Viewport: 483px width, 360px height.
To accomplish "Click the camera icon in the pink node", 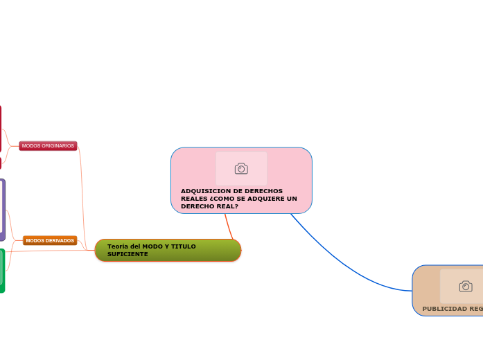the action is (241, 168).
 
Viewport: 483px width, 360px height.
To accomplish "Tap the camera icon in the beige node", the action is (466, 286).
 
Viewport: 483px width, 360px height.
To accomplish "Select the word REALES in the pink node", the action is (193, 199).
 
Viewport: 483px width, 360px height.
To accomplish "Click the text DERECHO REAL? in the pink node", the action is (209, 206).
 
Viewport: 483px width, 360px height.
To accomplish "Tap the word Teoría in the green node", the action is (118, 246).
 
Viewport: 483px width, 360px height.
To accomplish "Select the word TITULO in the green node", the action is (184, 246).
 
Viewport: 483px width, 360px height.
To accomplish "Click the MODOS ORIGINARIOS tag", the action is (48, 146).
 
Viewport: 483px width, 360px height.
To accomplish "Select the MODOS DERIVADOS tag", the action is (50, 240).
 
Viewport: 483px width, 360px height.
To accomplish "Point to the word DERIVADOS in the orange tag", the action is (60, 240).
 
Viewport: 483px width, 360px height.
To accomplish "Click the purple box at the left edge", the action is (2, 209).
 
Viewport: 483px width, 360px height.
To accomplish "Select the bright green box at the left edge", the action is (2, 270).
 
